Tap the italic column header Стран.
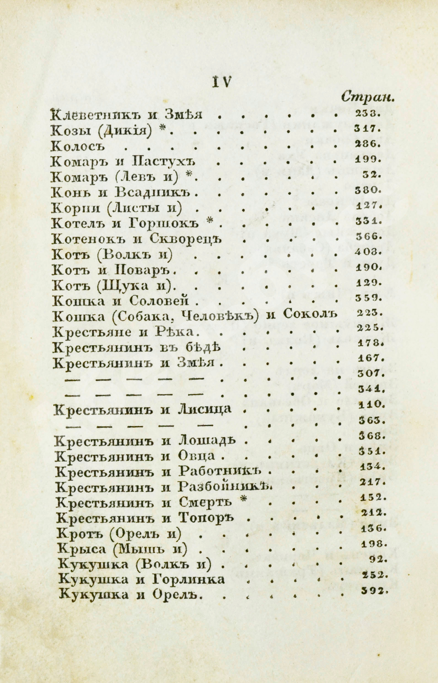pos(368,98)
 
